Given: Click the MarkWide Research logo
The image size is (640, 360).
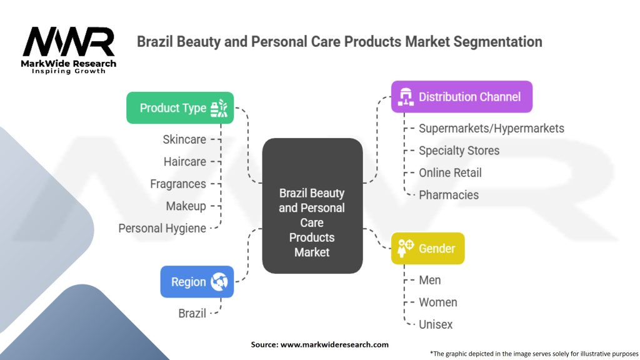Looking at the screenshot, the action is coord(69,49).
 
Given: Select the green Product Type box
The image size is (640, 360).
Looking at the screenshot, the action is coord(180,108).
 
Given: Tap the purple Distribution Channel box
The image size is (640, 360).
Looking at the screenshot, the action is coord(461,97).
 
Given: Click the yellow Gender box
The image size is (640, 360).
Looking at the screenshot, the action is coord(427,248).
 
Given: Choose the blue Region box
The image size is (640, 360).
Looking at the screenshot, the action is coord(197,282).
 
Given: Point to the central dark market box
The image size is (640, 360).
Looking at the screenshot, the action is coord(312,206).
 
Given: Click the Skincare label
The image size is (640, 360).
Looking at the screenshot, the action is coord(184,139).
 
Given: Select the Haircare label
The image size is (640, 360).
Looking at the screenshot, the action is coord(185,162).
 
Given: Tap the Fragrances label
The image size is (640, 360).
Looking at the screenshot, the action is coord(178,184).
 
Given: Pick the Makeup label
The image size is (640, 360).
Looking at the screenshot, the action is coord(186,206).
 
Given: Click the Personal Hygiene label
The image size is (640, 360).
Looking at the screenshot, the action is coord(162,228).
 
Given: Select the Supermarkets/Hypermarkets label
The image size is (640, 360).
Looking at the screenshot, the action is coord(491,128).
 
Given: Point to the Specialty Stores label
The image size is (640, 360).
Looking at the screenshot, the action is coord(459,151).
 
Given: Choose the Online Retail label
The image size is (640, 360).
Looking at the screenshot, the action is coord(450,172).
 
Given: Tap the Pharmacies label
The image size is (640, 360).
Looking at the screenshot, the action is coord(449,195).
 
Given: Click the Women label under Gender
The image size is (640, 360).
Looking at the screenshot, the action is coord(437,302).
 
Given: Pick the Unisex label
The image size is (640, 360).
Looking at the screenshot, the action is coord(436,324).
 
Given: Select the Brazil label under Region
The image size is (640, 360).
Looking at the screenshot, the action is coord(192,313).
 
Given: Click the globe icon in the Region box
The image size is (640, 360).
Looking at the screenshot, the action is coord(219,282).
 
